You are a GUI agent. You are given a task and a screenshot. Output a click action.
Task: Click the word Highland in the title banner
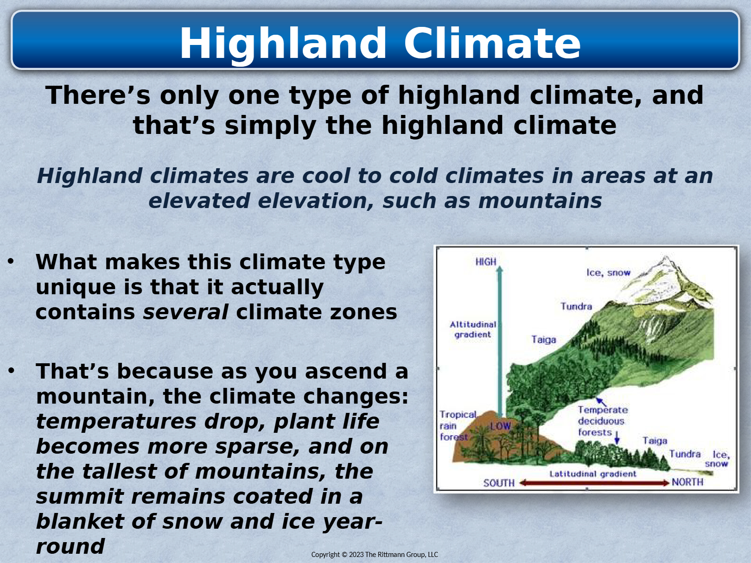[283, 44]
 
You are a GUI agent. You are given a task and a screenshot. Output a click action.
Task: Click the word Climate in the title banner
[492, 43]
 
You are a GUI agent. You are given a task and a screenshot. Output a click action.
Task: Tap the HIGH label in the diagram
[485, 262]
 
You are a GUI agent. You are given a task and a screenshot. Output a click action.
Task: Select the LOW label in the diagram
[500, 426]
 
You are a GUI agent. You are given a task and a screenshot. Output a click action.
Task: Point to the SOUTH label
[499, 483]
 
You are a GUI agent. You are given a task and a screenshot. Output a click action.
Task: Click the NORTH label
[687, 482]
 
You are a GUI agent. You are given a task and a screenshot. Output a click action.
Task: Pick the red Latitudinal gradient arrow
[594, 483]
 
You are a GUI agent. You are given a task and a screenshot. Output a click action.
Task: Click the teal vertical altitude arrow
[500, 342]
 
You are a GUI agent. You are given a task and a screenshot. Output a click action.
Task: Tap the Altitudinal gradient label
[472, 329]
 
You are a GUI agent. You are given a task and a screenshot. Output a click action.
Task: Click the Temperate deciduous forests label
[603, 421]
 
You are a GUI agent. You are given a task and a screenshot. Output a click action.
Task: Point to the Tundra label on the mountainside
[576, 306]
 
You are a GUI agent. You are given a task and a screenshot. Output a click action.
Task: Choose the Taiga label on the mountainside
[544, 340]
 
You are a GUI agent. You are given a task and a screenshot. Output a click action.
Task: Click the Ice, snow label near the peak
[608, 273]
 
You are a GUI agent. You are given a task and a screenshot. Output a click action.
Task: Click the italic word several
[185, 312]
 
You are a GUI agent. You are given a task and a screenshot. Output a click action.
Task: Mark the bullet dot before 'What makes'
[11, 262]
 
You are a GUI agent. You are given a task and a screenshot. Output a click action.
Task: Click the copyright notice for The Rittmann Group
[374, 555]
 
